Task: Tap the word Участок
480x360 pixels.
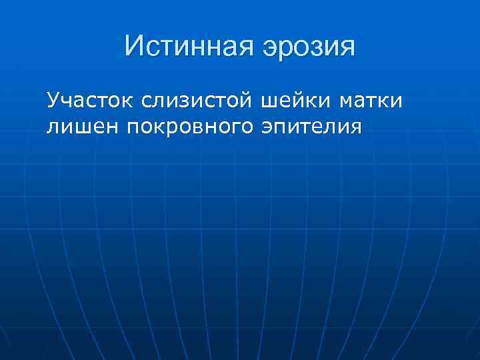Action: tap(89, 102)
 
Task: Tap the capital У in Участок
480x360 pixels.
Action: tap(53, 102)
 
